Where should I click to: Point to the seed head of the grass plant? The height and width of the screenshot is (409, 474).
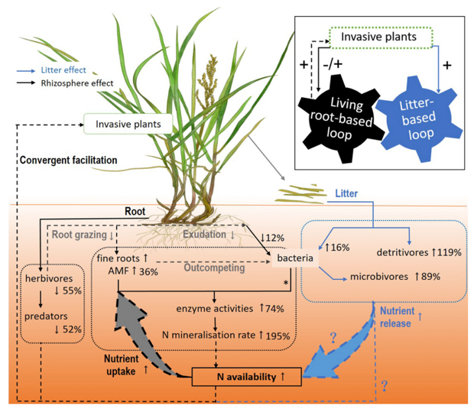(206, 80)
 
